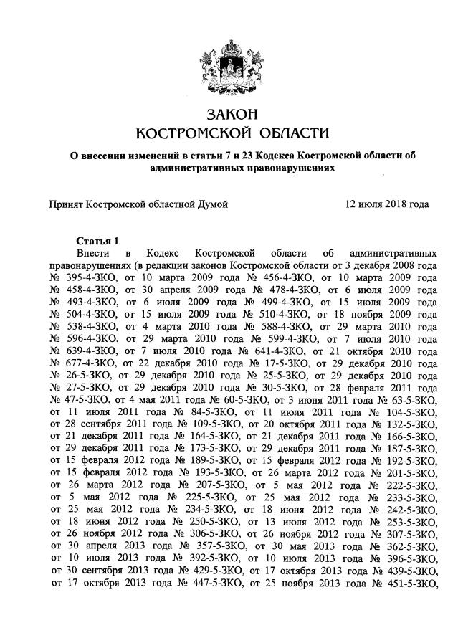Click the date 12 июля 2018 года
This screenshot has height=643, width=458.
(387, 204)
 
